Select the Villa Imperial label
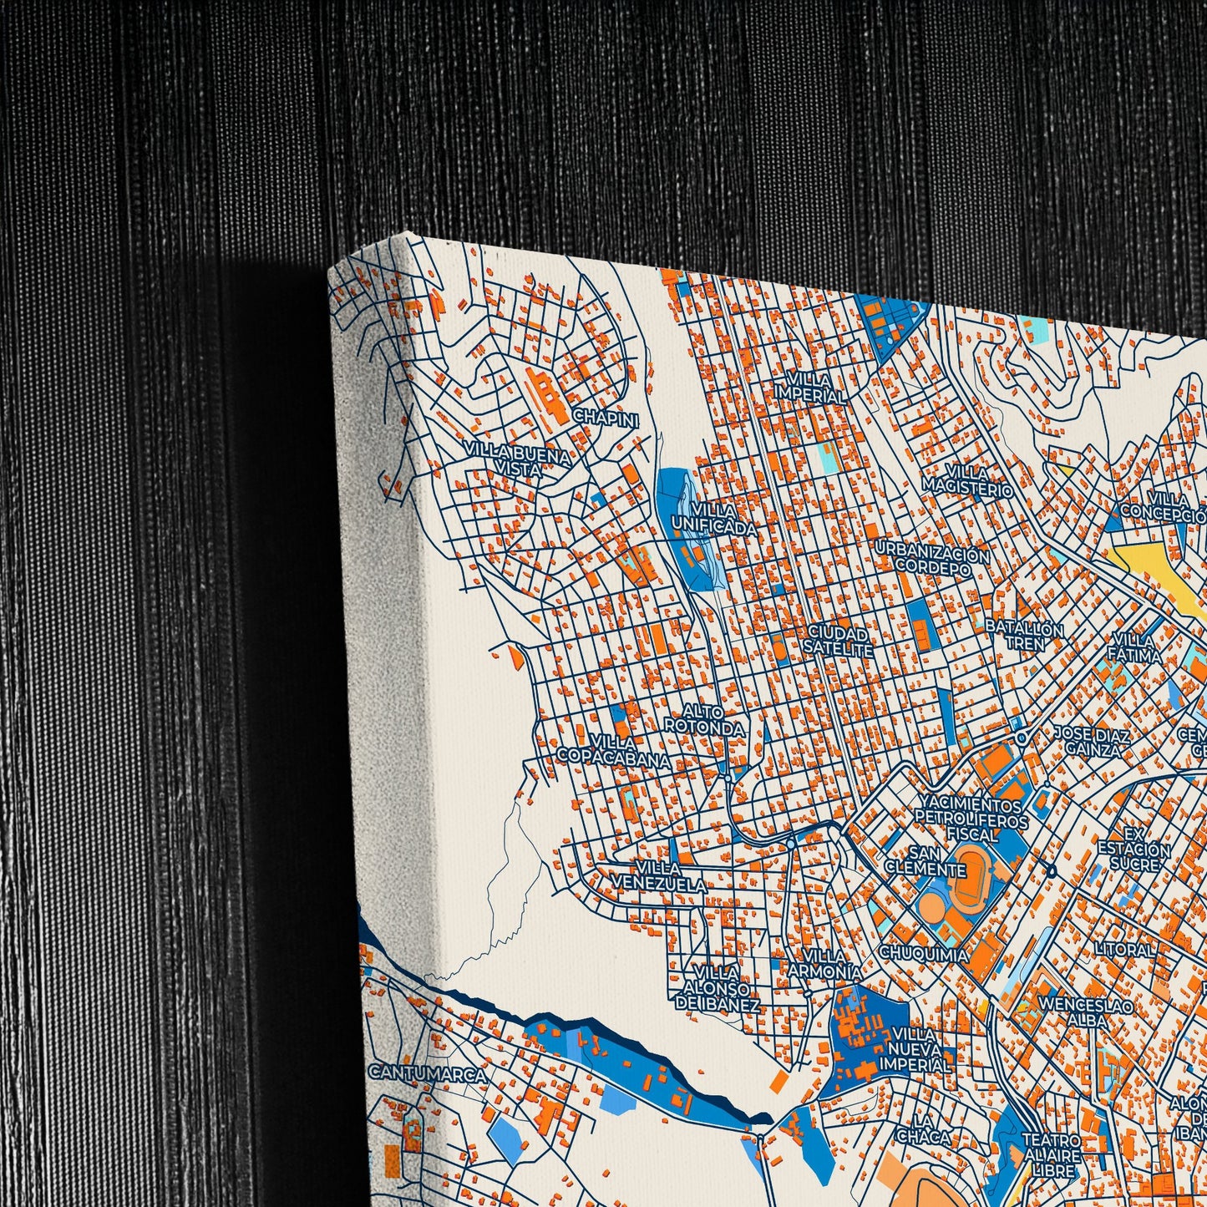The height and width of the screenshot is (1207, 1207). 809,388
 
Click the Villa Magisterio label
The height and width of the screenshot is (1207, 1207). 967,482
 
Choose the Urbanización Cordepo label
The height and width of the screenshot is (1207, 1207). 933,562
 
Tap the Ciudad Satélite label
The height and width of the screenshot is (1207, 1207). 839,642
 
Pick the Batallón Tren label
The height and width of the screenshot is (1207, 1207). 1023,635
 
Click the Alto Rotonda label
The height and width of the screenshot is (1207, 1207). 703,719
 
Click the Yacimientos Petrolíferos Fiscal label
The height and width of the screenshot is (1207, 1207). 969,819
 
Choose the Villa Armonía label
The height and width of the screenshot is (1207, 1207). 824,964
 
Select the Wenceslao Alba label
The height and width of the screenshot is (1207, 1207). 1086,1013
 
